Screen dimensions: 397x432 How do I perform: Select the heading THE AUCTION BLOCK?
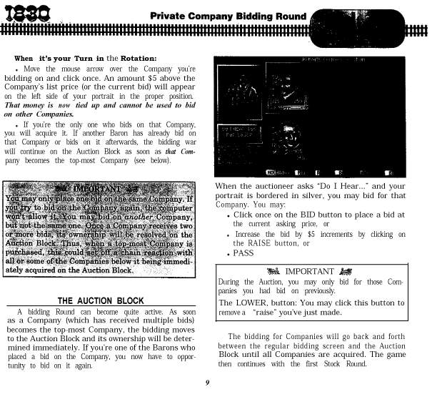(x=100, y=301)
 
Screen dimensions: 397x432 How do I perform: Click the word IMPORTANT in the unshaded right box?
(x=309, y=271)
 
